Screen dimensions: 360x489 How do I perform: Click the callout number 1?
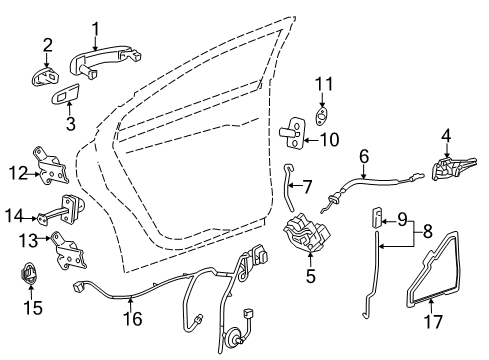coord(96,28)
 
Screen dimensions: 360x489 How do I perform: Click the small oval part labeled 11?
coord(323,119)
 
